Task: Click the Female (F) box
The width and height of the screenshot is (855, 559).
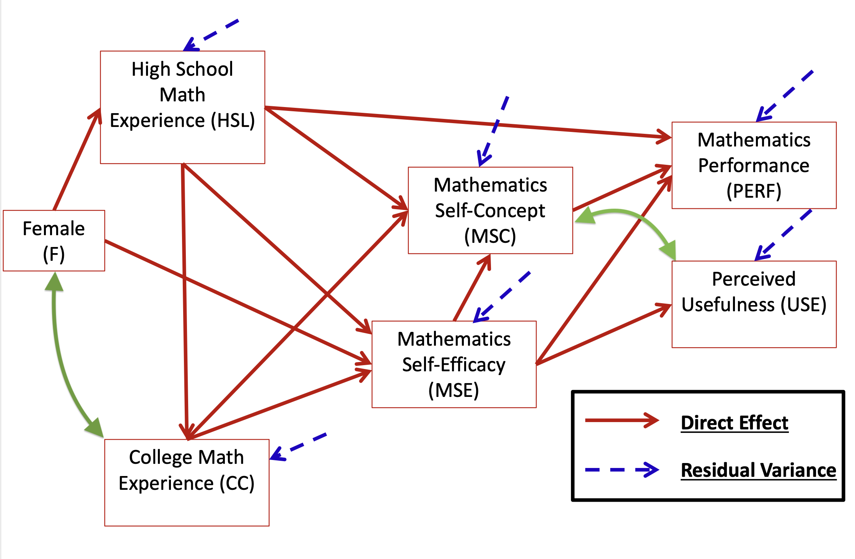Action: point(54,241)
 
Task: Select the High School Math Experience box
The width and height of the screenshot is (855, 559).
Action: point(182,107)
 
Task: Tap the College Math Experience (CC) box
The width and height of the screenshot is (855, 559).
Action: point(187,483)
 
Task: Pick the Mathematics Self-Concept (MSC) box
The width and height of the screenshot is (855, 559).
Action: point(490,210)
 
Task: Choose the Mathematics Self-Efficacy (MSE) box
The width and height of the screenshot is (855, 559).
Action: point(454,364)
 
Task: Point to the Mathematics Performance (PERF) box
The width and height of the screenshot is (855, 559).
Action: point(754,165)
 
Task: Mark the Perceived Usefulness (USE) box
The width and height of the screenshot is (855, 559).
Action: point(754,304)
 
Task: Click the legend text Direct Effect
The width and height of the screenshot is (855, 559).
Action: point(735,423)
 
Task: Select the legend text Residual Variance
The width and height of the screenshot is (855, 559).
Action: point(759,470)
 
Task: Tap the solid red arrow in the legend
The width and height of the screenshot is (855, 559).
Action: point(621,421)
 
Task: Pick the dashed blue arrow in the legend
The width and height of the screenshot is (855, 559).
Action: point(621,470)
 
